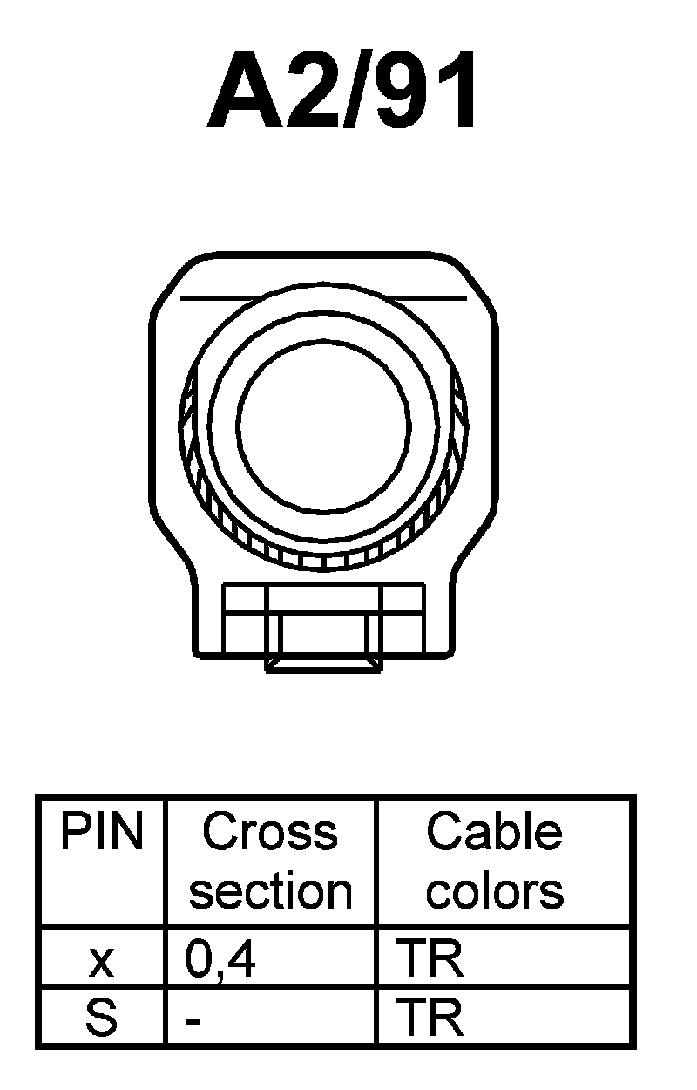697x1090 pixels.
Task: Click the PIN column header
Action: click(101, 834)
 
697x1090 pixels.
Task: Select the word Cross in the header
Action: click(270, 834)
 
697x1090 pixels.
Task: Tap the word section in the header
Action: click(270, 891)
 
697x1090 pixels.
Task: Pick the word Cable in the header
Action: click(494, 834)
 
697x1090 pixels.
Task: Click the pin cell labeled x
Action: click(101, 961)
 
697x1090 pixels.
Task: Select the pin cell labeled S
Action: click(101, 1018)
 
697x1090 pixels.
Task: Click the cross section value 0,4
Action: click(220, 960)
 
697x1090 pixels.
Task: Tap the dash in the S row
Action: click(193, 1019)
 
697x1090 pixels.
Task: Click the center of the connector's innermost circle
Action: click(323, 415)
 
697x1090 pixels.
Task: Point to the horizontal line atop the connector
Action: click(323, 298)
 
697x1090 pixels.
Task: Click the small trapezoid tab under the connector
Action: click(323, 664)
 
